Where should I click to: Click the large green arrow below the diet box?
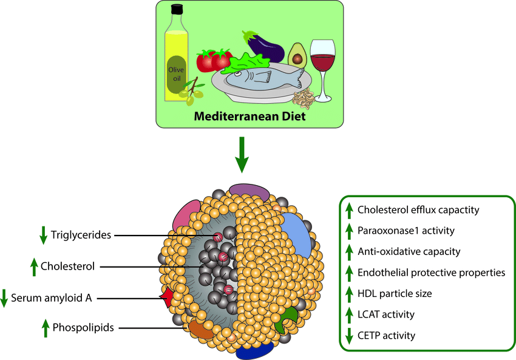tap(242, 156)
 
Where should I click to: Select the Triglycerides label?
tap(81, 235)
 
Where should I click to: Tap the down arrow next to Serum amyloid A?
tap(5, 298)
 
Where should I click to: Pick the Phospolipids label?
tap(84, 328)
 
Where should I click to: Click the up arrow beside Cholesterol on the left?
tap(34, 266)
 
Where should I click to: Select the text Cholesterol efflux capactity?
tap(419, 211)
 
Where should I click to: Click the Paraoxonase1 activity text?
tap(406, 231)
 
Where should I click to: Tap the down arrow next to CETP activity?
tap(349, 335)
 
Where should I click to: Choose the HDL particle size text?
tap(395, 293)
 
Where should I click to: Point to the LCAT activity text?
tap(386, 314)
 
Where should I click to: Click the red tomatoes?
tap(214, 61)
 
